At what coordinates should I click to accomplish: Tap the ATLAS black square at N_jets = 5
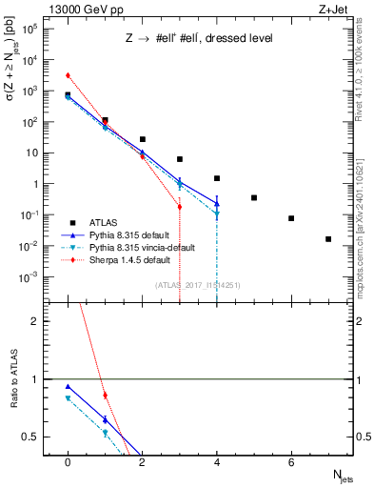pyautogui.click(x=254, y=197)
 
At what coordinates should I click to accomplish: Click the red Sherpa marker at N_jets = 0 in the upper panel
pyautogui.click(x=68, y=75)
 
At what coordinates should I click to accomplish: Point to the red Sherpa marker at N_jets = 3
pyautogui.click(x=179, y=206)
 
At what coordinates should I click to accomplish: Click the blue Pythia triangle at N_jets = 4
pyautogui.click(x=217, y=203)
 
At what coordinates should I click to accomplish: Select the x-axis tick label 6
pyautogui.click(x=291, y=462)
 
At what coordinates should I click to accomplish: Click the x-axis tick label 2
pyautogui.click(x=142, y=462)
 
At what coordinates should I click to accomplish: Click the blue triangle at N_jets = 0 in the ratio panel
pyautogui.click(x=68, y=387)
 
